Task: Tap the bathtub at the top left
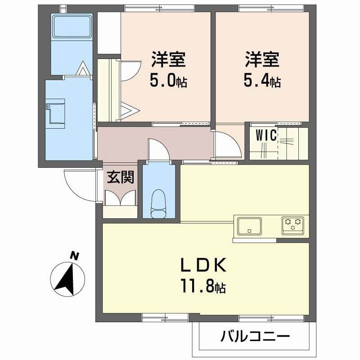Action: coord(72,26)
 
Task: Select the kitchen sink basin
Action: coord(249,226)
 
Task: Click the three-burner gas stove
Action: coord(293,225)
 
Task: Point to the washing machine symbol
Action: coord(55,113)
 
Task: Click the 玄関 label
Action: coord(121,177)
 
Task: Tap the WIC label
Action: coord(266,135)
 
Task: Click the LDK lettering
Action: coord(204,265)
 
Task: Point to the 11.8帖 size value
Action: coord(203,286)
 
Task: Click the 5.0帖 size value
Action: coord(168,81)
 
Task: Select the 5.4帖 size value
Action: coord(262,81)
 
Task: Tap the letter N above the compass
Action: coord(74,256)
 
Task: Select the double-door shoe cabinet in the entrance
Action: coord(120,198)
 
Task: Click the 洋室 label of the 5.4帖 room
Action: coord(262,59)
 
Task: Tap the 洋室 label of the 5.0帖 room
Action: coord(168,59)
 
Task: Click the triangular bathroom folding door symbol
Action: coord(82,68)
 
